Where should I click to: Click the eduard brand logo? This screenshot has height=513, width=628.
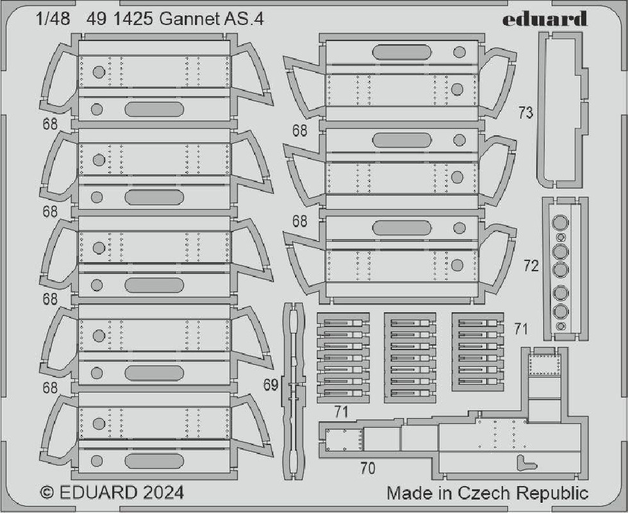(x=545, y=19)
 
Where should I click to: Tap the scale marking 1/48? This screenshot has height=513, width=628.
(x=53, y=19)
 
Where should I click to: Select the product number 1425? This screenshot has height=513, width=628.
(x=133, y=19)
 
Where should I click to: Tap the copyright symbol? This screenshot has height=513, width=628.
(x=47, y=492)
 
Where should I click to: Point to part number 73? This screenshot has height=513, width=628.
(x=525, y=113)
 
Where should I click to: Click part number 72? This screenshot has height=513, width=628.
(x=531, y=265)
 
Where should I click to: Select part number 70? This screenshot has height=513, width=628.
(x=368, y=468)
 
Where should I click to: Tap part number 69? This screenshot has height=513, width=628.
(x=271, y=385)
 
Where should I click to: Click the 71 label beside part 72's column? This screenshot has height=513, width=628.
(x=521, y=329)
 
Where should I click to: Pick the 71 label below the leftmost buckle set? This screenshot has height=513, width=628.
(x=341, y=412)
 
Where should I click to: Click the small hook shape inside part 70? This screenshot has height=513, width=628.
(x=525, y=463)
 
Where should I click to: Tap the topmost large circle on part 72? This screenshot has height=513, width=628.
(x=560, y=223)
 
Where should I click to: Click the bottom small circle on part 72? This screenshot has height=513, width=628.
(x=561, y=326)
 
